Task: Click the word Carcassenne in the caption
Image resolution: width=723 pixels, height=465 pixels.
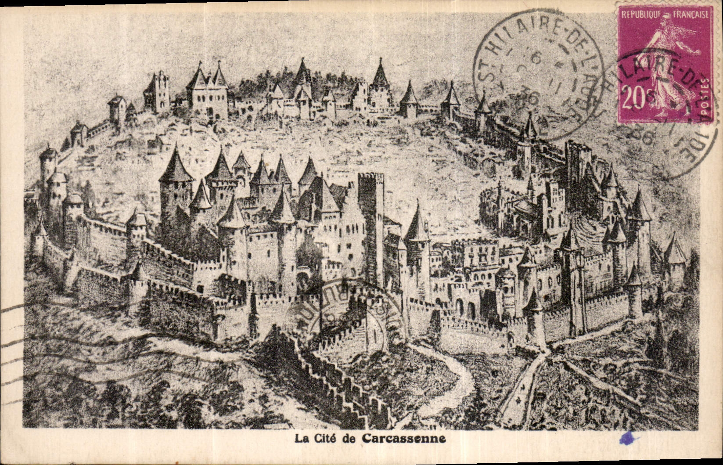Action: coord(404,439)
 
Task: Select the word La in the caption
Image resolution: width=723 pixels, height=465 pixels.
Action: coord(300,439)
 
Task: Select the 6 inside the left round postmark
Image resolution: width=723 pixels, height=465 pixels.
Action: coord(534,58)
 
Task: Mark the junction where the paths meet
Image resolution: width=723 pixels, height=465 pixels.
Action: coord(547,351)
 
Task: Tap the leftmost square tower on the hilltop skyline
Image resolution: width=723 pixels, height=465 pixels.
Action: coord(157,92)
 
